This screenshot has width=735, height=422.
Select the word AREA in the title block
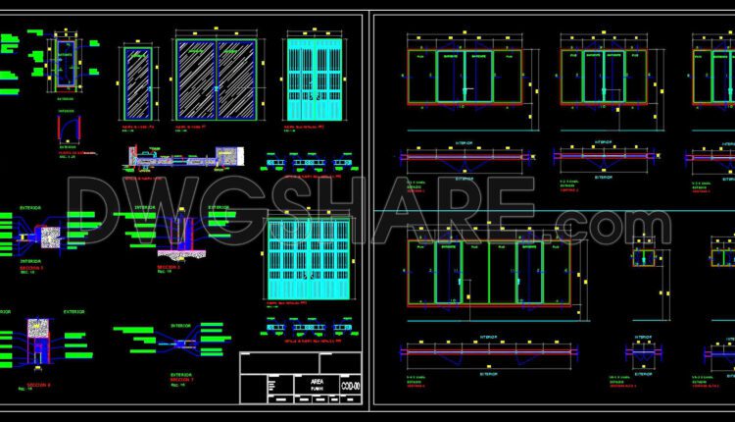[x=316, y=379]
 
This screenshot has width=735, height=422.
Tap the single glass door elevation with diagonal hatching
[x=139, y=83]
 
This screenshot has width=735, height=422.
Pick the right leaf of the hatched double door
[x=235, y=79]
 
